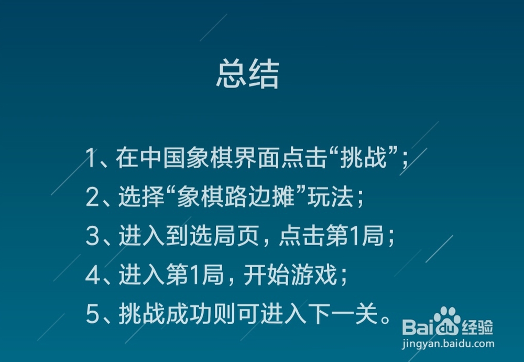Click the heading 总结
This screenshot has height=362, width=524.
(x=247, y=75)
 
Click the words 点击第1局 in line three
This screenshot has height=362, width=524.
(x=331, y=237)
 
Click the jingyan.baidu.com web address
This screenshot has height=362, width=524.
(x=447, y=344)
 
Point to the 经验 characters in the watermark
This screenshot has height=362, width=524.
(x=477, y=328)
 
